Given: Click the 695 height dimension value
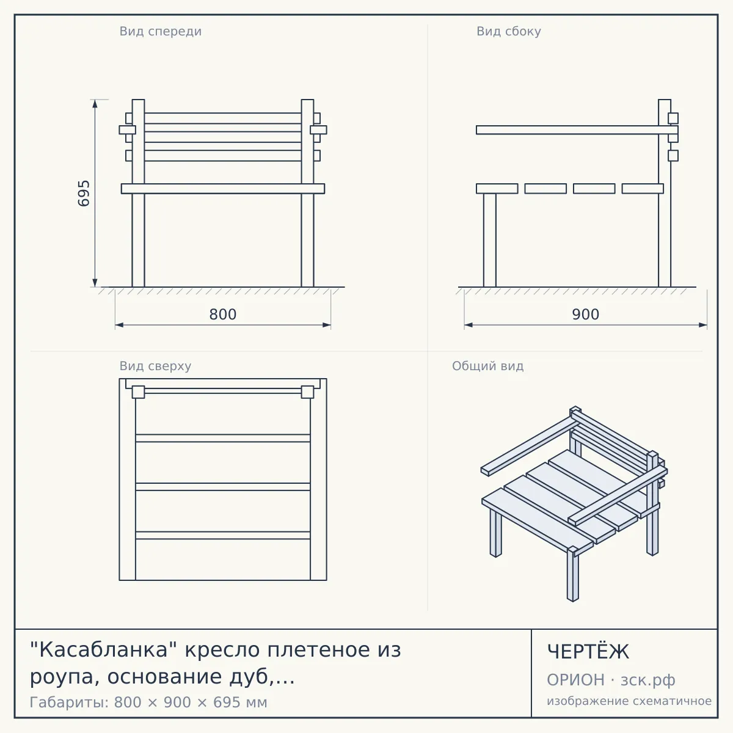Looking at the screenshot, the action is [x=84, y=193].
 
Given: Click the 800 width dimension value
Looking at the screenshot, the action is [x=223, y=315].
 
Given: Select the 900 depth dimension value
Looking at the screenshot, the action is [x=585, y=315].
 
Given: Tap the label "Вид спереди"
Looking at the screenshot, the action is [x=161, y=31].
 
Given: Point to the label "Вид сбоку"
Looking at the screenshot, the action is [x=509, y=31].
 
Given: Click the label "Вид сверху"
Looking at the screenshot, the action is [x=155, y=366].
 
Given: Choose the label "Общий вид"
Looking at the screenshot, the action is [x=487, y=366].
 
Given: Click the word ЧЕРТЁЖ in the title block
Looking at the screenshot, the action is [x=588, y=652].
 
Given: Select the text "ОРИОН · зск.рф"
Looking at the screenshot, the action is [x=611, y=680].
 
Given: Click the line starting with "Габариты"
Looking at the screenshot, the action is [x=148, y=702].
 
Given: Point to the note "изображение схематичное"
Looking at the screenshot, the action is [x=629, y=701].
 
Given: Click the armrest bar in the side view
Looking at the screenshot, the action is [x=577, y=130].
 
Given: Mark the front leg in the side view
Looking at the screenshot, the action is [x=490, y=240].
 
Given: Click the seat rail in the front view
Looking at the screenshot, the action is [x=223, y=189].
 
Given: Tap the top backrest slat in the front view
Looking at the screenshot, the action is [x=223, y=118].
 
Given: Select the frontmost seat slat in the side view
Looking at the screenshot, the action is [x=497, y=189].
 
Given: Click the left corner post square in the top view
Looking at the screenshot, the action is [x=139, y=392].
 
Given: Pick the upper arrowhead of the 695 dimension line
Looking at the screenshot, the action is [x=95, y=104].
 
